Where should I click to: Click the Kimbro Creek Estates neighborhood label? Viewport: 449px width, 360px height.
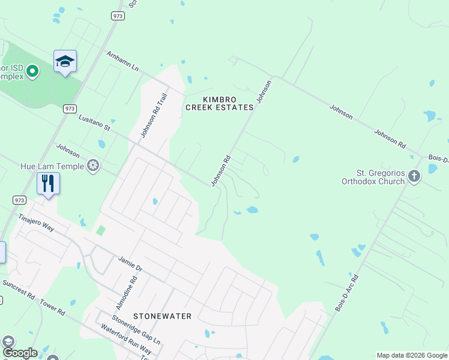pyautogui.click(x=219, y=103)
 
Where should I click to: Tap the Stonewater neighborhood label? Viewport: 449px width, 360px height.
pyautogui.click(x=162, y=316)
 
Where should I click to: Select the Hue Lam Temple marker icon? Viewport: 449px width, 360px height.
pyautogui.click(x=92, y=166)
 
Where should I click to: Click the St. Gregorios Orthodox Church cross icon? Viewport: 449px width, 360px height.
pyautogui.click(x=414, y=176)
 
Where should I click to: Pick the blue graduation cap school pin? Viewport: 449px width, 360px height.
pyautogui.click(x=65, y=61)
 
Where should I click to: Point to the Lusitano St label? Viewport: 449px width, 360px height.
pyautogui.click(x=95, y=123)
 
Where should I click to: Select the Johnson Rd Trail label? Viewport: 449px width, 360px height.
pyautogui.click(x=153, y=114)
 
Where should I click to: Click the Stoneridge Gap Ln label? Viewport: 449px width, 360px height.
pyautogui.click(x=136, y=329)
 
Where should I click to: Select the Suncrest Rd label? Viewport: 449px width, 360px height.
pyautogui.click(x=19, y=290)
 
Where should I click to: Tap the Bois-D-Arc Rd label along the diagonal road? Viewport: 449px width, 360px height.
pyautogui.click(x=346, y=293)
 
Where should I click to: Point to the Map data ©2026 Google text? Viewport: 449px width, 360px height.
pyautogui.click(x=412, y=355)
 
